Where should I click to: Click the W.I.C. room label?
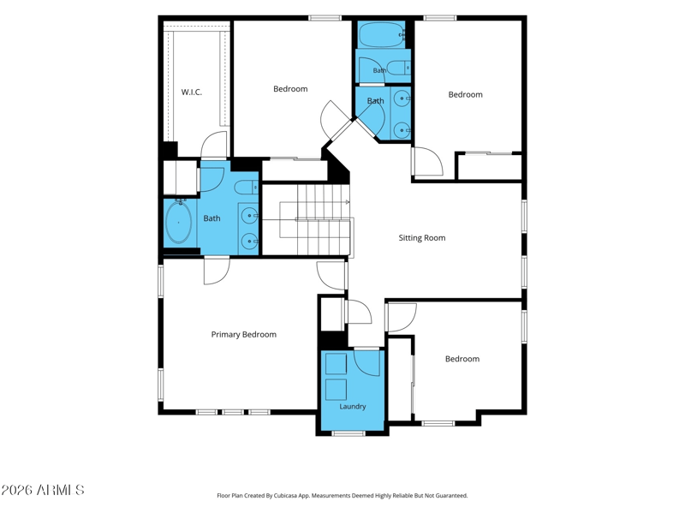(x=191, y=92)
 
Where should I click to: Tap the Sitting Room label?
(x=422, y=238)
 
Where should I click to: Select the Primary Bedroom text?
(x=244, y=335)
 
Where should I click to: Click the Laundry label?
(x=353, y=407)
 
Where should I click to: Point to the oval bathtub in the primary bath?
(x=178, y=223)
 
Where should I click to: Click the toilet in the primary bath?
(x=247, y=188)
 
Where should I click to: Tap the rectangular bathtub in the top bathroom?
(x=382, y=34)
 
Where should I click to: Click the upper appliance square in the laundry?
(x=336, y=364)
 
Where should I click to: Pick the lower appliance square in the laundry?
(x=336, y=390)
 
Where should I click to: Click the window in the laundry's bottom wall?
(x=348, y=433)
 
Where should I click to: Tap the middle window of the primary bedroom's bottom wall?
(x=233, y=412)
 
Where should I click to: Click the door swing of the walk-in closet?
(x=214, y=145)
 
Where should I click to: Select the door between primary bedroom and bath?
(x=217, y=271)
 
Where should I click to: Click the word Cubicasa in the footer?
(x=285, y=496)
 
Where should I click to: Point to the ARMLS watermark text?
(x=42, y=490)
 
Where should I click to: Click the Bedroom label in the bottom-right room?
(x=462, y=359)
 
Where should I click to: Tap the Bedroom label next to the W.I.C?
(x=290, y=89)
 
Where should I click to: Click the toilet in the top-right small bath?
(x=397, y=68)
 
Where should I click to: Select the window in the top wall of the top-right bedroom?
(x=440, y=18)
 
